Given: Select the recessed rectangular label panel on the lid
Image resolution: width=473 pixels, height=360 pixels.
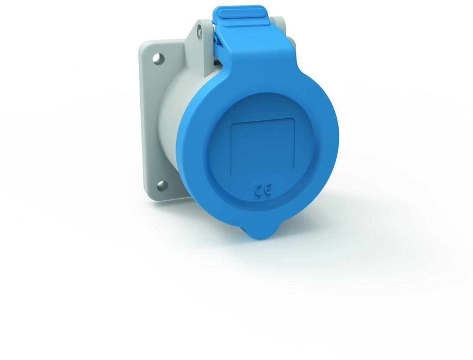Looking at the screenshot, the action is pyautogui.click(x=263, y=148).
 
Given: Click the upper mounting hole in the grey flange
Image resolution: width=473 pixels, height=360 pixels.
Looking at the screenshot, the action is pyautogui.click(x=158, y=58).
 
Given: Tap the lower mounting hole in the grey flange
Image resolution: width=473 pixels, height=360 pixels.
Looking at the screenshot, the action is pyautogui.click(x=162, y=186).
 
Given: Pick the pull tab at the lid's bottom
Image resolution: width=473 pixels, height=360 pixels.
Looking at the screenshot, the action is pyautogui.click(x=262, y=233).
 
